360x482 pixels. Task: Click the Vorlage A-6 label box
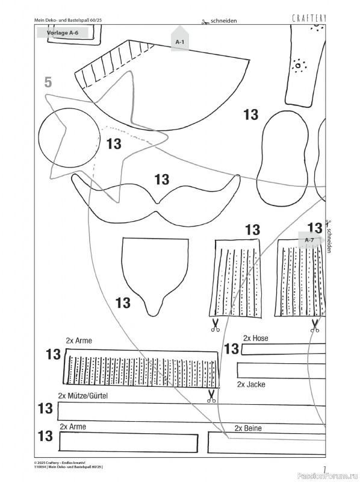point(63,33)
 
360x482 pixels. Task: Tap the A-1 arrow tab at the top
point(179,39)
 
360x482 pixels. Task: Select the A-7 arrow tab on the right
point(311,240)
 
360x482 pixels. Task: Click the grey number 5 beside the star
point(48,82)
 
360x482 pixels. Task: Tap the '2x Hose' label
point(256,338)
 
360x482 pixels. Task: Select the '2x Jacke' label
point(251,384)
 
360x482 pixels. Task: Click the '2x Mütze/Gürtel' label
point(83,396)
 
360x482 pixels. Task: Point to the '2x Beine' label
point(248,428)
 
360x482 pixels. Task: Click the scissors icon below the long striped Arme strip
point(211,396)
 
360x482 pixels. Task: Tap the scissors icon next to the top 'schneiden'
point(205,22)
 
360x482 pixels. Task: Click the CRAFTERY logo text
point(309,19)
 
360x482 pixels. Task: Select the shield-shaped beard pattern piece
point(155,277)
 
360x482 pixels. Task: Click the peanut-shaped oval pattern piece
point(285,158)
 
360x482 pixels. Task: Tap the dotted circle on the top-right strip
point(298,66)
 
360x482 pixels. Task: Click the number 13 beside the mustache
point(162,180)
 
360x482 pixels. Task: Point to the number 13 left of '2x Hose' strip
point(231,349)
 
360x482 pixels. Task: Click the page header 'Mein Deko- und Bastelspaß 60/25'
point(68,20)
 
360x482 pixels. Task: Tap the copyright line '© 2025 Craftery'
point(60,462)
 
